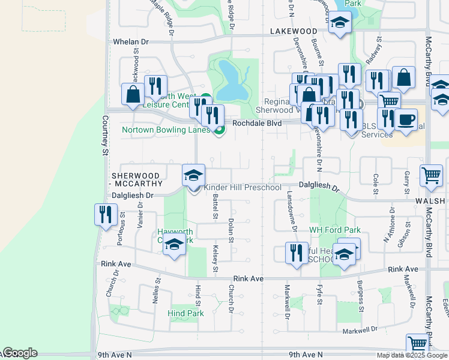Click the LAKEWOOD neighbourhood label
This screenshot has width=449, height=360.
click(293, 31)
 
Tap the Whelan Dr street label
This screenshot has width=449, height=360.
click(130, 42)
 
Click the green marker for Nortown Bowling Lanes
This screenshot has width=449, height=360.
click(219, 129)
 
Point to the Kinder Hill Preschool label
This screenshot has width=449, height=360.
click(243, 188)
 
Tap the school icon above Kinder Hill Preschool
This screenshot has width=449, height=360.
click(193, 175)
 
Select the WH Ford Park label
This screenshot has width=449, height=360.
click(334, 230)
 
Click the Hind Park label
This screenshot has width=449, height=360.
click(185, 313)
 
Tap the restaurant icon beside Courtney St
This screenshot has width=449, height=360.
click(106, 214)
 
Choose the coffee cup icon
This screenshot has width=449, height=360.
click(406, 119)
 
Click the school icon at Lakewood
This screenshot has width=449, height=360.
click(340, 23)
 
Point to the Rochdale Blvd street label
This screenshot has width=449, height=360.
click(257, 123)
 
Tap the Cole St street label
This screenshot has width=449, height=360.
click(376, 183)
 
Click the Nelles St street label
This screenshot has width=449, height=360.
click(158, 289)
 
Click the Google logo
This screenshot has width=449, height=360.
click(19, 353)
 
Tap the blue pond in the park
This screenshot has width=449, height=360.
click(228, 81)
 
